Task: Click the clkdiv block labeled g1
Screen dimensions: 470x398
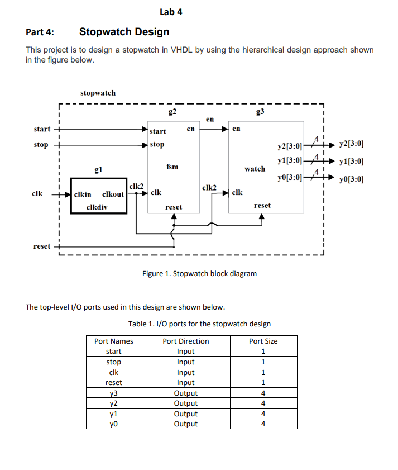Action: tap(98, 196)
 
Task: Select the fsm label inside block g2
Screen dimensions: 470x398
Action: tap(172, 167)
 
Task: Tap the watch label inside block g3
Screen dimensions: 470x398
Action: tap(255, 168)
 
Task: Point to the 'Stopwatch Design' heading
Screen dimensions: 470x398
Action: tap(124, 32)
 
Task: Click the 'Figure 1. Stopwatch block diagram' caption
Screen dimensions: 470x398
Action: tap(199, 273)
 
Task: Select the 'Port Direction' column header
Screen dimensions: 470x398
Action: tap(186, 341)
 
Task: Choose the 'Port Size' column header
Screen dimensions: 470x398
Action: tap(263, 341)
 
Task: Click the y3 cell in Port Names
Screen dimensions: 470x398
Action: tap(114, 393)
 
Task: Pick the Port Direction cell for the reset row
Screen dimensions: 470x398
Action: tap(186, 383)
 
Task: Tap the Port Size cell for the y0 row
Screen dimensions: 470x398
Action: tap(263, 424)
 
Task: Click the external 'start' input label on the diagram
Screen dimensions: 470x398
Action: tap(42, 129)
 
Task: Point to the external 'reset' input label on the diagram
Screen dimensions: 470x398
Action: tap(41, 246)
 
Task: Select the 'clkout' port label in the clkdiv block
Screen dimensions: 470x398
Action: tap(113, 195)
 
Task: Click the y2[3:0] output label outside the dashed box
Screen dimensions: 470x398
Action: tap(352, 144)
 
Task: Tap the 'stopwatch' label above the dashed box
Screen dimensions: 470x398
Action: tap(98, 93)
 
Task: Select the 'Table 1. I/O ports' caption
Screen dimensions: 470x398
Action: tap(199, 324)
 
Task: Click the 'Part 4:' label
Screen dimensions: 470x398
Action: tap(40, 32)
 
